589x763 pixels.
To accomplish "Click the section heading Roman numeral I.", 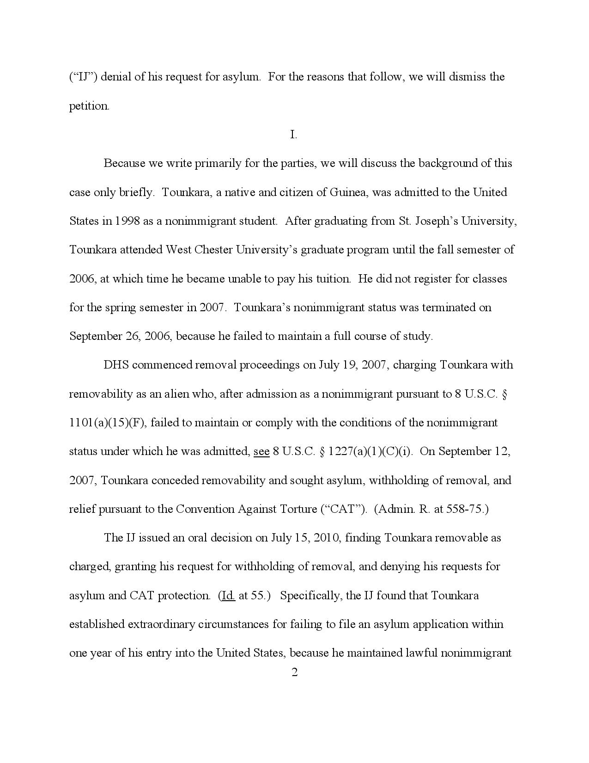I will point(293,135).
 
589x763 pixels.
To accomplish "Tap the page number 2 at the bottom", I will point(294,672).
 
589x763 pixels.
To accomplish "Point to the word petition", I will point(89,106).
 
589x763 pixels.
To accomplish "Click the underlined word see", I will point(261,451).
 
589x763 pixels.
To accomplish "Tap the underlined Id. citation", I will point(228,596).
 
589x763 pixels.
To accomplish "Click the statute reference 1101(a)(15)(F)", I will point(107,423).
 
